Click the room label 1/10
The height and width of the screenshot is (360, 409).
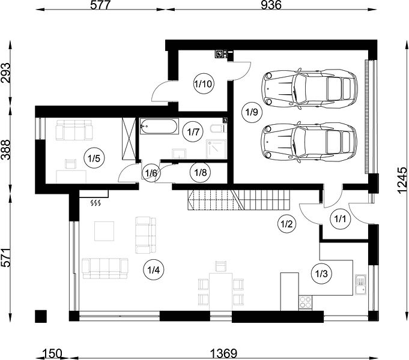point(204,84)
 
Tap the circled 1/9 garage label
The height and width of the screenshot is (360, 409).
point(252,112)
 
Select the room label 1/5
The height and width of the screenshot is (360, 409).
point(94,158)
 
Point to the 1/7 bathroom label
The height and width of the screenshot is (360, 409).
point(193,132)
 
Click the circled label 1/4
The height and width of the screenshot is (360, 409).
point(153,270)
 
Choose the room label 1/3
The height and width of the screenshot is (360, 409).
point(321,274)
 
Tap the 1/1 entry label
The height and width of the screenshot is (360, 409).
point(339,219)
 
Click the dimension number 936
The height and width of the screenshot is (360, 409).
point(271,5)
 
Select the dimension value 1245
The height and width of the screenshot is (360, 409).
point(402,180)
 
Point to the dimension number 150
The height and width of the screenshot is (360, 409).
point(52,354)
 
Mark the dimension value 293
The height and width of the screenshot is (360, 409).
point(6,73)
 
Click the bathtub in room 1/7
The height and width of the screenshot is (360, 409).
point(159,126)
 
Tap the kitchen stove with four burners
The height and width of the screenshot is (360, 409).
point(305,302)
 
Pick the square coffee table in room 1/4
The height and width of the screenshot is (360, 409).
point(104,231)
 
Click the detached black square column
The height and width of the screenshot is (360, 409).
point(41,316)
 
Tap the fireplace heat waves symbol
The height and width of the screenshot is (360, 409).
point(95,203)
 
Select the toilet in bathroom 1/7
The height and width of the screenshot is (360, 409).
point(217,128)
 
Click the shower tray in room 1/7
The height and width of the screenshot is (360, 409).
point(216,149)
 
